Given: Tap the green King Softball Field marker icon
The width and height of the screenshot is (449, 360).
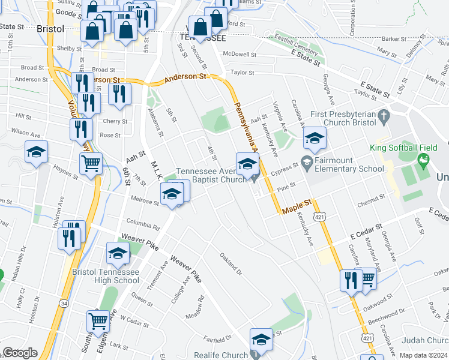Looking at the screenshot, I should tap(424, 160).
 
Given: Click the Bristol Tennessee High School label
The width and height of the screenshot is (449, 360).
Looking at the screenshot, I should tap(106, 276).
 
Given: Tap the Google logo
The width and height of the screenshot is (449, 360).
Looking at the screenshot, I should tap(20, 353).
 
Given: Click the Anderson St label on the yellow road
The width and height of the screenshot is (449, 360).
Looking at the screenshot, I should tap(185, 77).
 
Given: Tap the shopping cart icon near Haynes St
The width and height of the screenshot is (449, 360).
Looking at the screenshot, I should tap(91, 163).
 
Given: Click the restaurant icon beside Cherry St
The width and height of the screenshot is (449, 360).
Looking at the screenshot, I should tap(89, 103).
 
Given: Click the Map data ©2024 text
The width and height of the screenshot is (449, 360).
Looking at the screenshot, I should tap(424, 355).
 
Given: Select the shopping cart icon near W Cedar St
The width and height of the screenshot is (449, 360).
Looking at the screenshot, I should tap(97, 320).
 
